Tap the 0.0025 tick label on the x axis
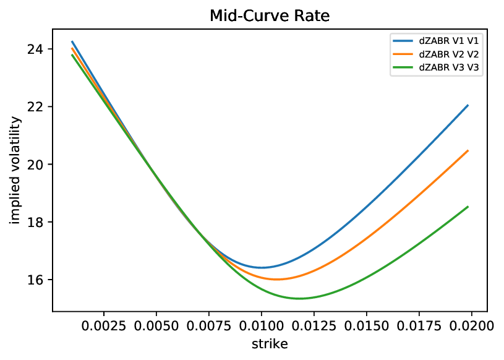(104, 324)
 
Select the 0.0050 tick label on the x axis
(156, 324)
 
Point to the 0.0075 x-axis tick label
(209, 324)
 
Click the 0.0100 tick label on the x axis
(262, 324)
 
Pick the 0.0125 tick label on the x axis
(314, 324)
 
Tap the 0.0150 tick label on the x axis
(367, 324)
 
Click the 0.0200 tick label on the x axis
(472, 324)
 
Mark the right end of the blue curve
(468, 106)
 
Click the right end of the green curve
(468, 207)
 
